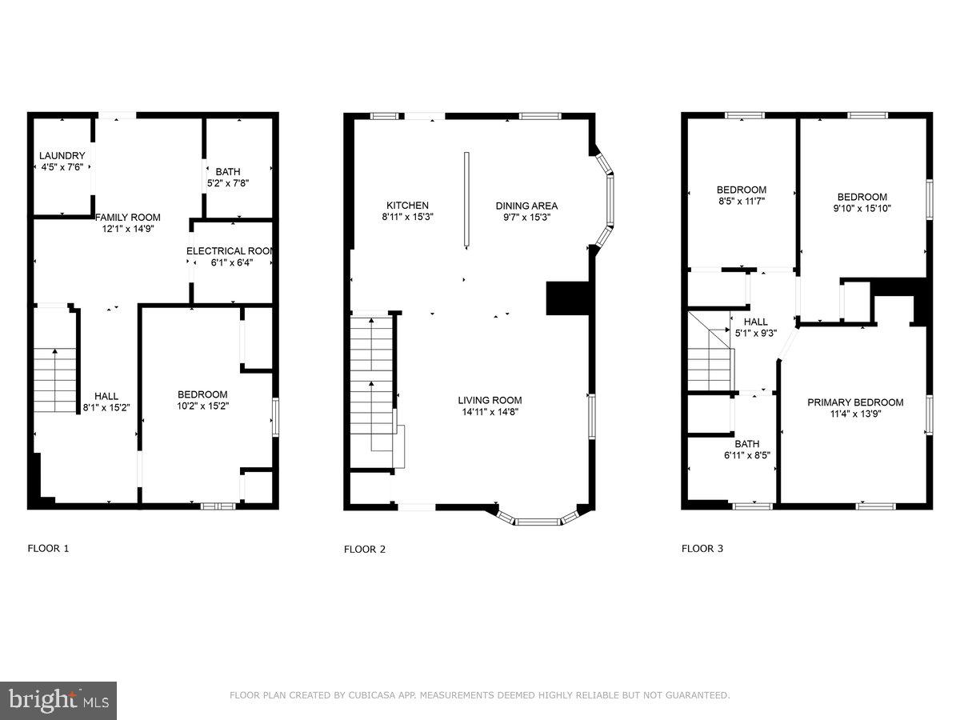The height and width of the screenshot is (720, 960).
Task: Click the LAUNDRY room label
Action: tap(62, 155)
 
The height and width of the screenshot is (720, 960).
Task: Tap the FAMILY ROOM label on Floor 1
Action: tap(128, 217)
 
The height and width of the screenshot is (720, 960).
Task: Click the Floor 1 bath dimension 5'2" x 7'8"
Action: tap(227, 182)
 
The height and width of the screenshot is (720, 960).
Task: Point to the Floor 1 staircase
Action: tap(54, 380)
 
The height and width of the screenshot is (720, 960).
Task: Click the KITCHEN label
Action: tap(407, 206)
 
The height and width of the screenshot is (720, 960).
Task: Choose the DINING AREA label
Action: tap(526, 206)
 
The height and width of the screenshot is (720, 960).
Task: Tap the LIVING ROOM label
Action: tap(490, 400)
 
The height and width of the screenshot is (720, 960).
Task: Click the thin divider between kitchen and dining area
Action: tap(466, 200)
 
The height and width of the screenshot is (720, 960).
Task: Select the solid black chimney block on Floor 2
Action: tap(567, 298)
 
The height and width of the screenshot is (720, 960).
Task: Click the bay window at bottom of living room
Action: tap(537, 520)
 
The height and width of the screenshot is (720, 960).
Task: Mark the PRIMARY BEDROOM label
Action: tap(855, 402)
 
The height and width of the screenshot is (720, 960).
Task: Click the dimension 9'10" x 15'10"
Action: tap(862, 208)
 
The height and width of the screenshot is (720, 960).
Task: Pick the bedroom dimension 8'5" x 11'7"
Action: tap(741, 201)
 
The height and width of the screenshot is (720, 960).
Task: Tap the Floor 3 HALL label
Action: tap(756, 322)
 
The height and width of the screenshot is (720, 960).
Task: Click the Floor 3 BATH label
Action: tap(747, 444)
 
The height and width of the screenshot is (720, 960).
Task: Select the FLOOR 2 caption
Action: tap(365, 549)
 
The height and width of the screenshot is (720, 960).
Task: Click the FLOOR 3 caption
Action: tap(702, 549)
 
